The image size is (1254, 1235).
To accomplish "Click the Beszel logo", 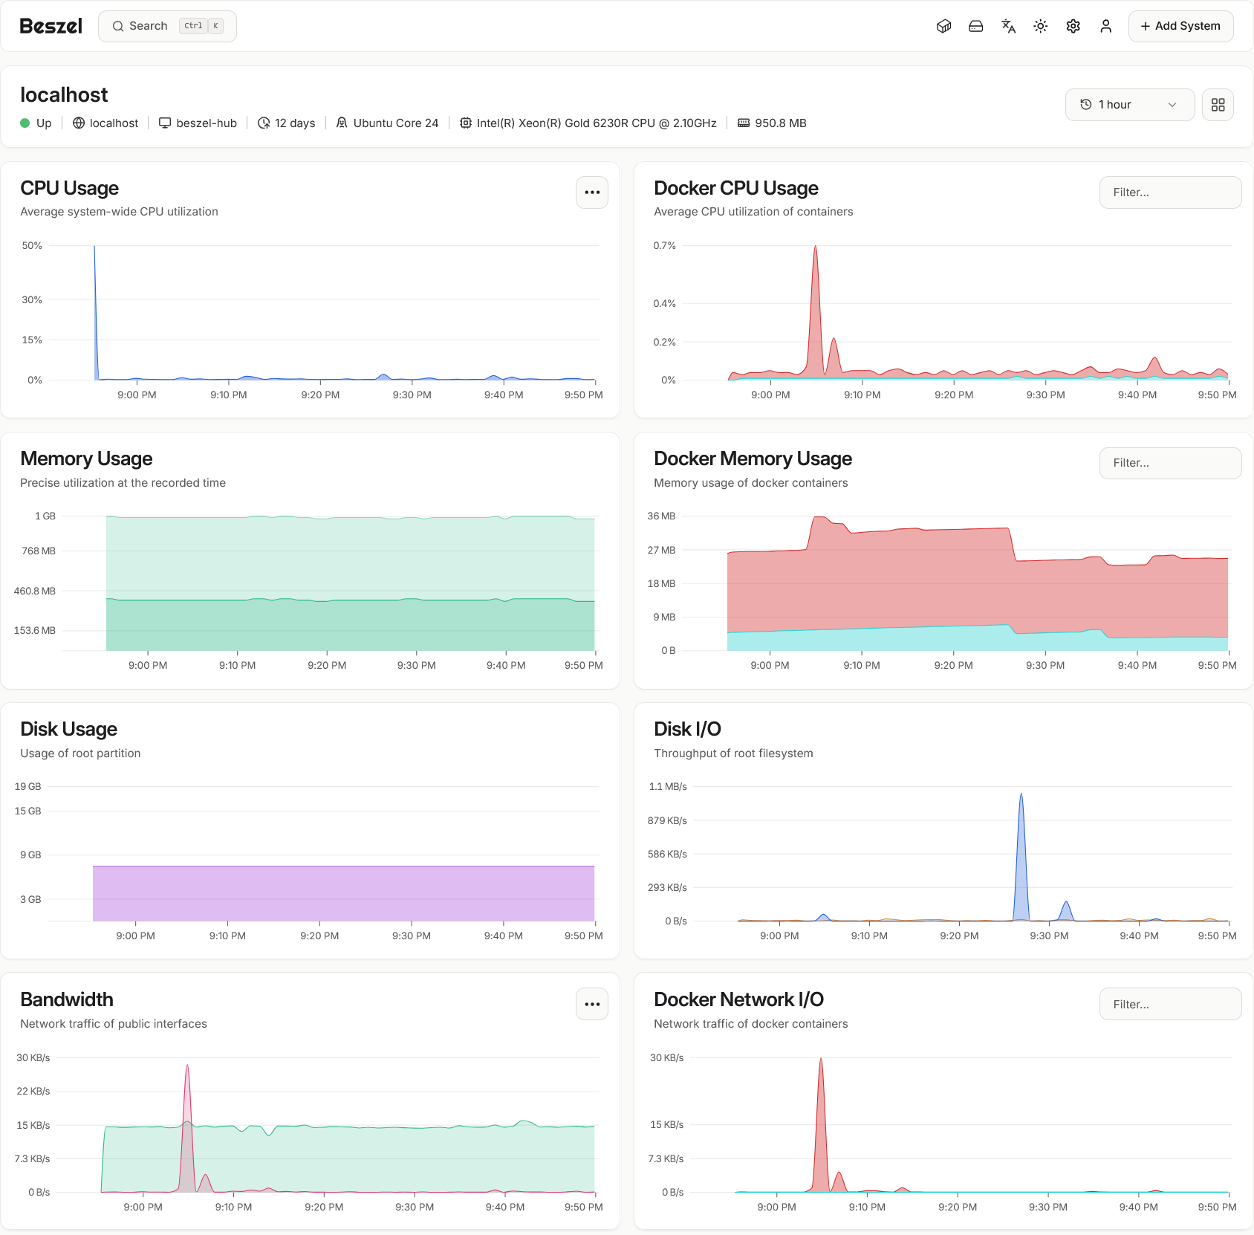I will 51,26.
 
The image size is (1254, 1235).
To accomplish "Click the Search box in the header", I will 167,26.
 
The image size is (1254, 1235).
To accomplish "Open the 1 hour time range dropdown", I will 1129,105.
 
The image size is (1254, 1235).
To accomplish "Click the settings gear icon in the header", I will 1073,26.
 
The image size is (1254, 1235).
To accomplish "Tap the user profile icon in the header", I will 1105,26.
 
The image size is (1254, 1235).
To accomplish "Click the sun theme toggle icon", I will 1040,26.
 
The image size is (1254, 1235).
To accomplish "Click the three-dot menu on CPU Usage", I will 592,192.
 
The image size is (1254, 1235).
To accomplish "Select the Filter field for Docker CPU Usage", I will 1170,192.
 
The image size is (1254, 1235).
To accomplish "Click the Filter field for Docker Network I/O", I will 1170,1005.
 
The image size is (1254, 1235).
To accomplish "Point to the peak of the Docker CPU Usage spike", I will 815,247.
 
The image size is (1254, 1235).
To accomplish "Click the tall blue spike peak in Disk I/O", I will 1021,794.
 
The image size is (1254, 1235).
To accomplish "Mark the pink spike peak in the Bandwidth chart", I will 187,1066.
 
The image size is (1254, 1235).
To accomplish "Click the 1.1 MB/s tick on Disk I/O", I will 668,786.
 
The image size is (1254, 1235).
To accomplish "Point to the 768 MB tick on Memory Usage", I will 39,551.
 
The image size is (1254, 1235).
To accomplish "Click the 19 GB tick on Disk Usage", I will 28,786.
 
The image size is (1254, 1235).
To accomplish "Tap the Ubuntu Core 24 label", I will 395,123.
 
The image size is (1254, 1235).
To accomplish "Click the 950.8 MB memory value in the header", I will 780,123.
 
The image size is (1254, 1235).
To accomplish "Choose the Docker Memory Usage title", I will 753,458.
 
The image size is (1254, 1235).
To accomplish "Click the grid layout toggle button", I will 1218,105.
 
